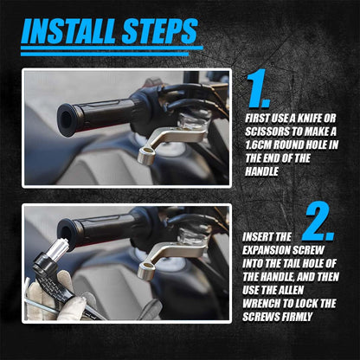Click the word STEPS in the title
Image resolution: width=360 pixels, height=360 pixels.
click(159, 31)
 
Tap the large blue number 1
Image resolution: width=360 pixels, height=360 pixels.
click(258, 88)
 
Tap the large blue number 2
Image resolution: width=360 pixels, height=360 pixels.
click(318, 222)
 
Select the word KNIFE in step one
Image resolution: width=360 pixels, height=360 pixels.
click(309, 119)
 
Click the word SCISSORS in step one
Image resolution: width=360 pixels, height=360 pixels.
click(267, 132)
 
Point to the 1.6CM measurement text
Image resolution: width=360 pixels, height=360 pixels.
click(258, 145)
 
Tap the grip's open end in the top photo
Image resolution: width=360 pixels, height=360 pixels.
click(67, 120)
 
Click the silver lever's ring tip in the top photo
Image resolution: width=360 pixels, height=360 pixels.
click(145, 156)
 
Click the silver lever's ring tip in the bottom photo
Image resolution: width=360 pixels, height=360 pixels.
click(146, 271)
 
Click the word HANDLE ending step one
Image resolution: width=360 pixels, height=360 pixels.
click(261, 171)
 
